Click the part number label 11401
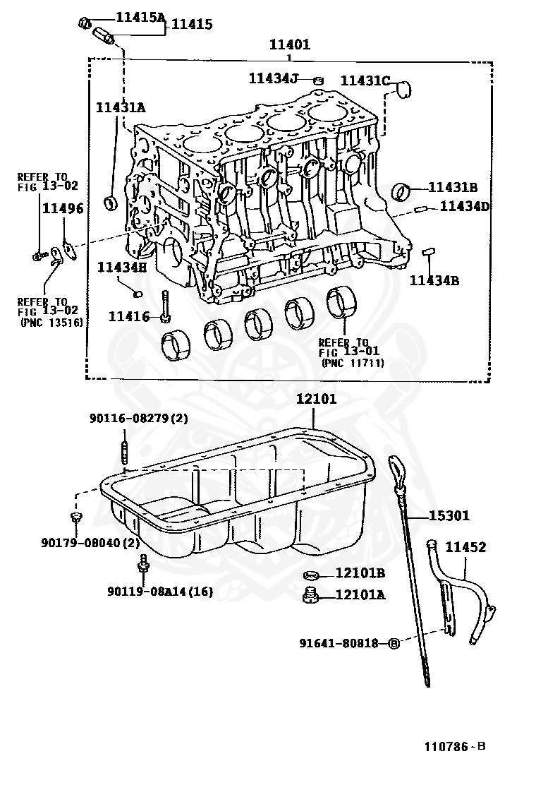pos(289,44)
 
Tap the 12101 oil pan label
pos(316,399)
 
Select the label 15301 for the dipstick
pos(449,516)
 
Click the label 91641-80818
pos(339,643)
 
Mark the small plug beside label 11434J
pos(317,80)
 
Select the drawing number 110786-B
pos(454,746)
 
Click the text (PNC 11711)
pos(352,363)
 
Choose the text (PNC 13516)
pos(51,323)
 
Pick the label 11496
pos(62,208)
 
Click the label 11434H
pos(121,266)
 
